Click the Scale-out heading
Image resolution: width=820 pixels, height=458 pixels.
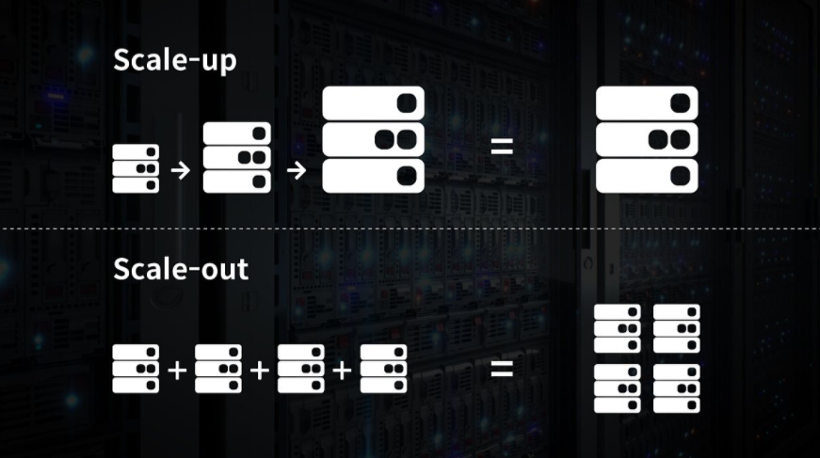click(x=180, y=269)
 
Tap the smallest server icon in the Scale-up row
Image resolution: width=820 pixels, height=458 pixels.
click(x=136, y=168)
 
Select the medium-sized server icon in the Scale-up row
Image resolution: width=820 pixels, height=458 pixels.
click(x=237, y=157)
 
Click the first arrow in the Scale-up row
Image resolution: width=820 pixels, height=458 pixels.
click(x=182, y=170)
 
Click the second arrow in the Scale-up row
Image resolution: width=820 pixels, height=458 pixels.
click(x=296, y=170)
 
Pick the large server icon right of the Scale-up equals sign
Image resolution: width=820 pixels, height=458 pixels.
click(x=647, y=140)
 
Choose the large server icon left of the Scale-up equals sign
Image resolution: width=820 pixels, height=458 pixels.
click(x=373, y=140)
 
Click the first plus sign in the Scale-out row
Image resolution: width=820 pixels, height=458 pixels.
click(x=177, y=370)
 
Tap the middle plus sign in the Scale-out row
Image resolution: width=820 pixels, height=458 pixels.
click(x=260, y=370)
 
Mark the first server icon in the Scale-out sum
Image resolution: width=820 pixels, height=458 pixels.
click(x=136, y=369)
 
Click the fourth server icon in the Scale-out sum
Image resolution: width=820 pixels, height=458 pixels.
click(x=384, y=369)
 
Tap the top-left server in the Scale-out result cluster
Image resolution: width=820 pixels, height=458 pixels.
click(x=618, y=328)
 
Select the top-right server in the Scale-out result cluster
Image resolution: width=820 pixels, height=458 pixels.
click(x=676, y=328)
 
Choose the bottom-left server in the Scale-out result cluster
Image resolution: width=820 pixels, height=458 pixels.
click(x=618, y=388)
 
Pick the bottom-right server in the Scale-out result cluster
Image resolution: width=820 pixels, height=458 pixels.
click(x=676, y=388)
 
